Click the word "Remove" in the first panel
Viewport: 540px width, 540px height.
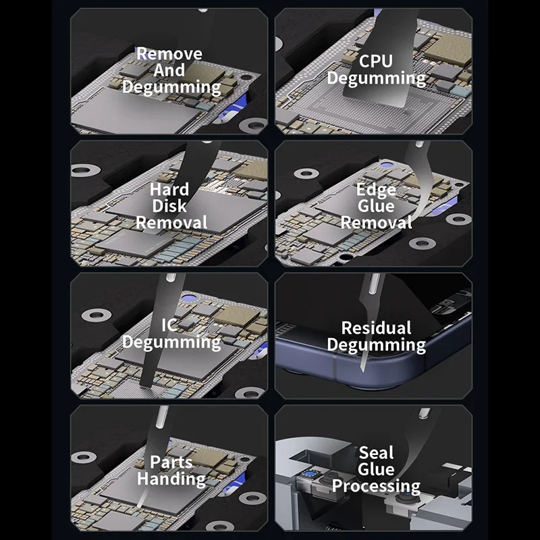click(x=169, y=54)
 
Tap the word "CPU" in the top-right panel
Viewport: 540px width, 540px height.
click(x=375, y=61)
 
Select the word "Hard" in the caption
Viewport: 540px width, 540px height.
click(x=169, y=189)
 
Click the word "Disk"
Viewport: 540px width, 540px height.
click(x=169, y=206)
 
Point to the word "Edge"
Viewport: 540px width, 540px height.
click(x=376, y=190)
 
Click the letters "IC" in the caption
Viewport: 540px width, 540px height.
click(x=169, y=325)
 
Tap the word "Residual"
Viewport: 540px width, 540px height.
click(x=376, y=329)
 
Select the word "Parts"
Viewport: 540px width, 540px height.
click(x=171, y=463)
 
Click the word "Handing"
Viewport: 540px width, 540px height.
click(x=171, y=479)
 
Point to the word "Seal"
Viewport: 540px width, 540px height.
click(x=376, y=453)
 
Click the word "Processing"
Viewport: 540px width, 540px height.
click(x=376, y=486)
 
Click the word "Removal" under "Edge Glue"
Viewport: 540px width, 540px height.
click(x=376, y=223)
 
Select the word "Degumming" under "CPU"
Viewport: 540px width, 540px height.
click(x=376, y=78)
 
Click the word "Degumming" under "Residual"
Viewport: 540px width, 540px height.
click(x=376, y=346)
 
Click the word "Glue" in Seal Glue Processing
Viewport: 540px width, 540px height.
click(x=376, y=469)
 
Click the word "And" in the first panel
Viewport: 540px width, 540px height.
click(x=169, y=70)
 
